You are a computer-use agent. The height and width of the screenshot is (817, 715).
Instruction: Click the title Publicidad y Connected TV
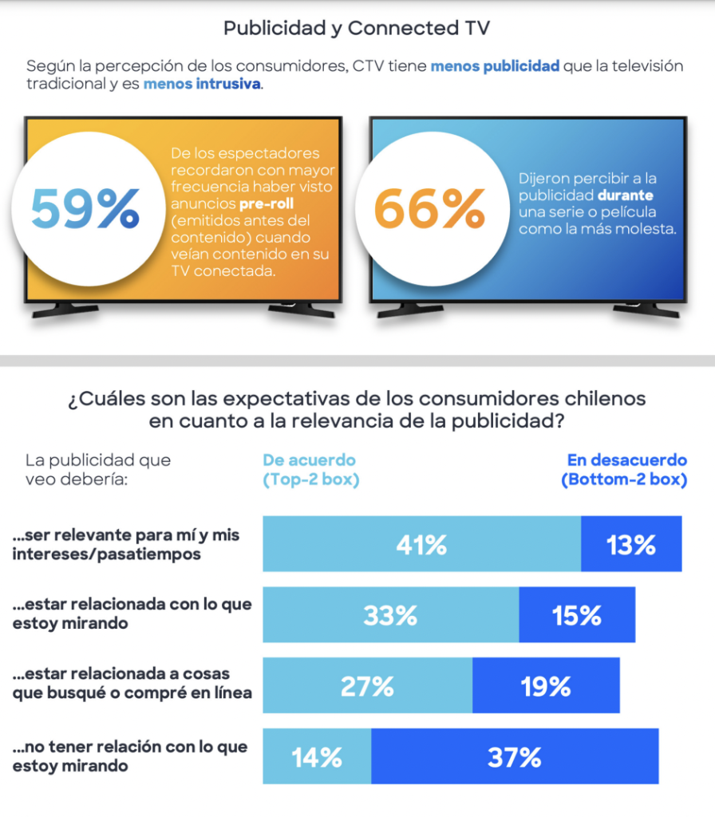tap(357, 29)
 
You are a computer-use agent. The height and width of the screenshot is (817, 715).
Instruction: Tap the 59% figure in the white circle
tap(85, 209)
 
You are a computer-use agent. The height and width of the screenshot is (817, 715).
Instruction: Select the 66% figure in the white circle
tap(429, 209)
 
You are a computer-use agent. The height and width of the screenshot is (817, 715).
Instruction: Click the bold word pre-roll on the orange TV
tap(267, 203)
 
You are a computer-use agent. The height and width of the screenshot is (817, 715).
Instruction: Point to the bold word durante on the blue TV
tap(626, 195)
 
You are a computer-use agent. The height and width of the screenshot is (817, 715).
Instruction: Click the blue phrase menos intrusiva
tap(202, 83)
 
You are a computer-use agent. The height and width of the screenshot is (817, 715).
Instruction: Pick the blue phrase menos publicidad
tap(495, 65)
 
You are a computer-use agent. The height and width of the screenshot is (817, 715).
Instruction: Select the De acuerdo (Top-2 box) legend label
tap(310, 470)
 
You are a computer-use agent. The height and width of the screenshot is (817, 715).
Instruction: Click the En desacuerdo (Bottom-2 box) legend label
tap(625, 470)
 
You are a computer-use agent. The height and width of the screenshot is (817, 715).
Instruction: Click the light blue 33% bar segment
tap(391, 615)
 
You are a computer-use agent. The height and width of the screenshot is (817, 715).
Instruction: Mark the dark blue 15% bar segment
tap(576, 615)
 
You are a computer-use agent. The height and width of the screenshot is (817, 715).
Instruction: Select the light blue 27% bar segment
tap(368, 686)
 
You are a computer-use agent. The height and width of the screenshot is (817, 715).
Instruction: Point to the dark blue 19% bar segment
tap(546, 686)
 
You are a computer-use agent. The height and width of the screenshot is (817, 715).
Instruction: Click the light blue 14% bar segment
tap(317, 756)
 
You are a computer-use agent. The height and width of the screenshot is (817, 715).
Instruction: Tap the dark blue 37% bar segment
tap(515, 756)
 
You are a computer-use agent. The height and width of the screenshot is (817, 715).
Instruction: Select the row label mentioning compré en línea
tap(132, 684)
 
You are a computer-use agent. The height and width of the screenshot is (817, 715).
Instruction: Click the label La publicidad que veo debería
tap(98, 470)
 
